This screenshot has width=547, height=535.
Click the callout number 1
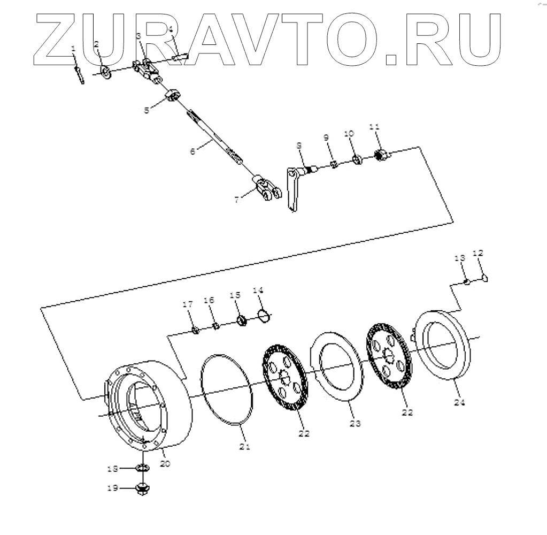tap(74, 49)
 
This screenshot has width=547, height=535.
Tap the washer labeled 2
tap(105, 71)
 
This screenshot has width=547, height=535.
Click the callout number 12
tap(478, 253)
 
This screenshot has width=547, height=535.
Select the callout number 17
tap(187, 305)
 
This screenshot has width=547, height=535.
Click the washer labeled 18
tap(143, 468)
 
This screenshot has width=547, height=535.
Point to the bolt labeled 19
tap(143, 488)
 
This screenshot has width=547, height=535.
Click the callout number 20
tap(165, 464)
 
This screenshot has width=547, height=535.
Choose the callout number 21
tap(244, 446)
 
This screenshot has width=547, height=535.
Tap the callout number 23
tap(355, 424)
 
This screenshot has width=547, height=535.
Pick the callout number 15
tap(235, 295)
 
